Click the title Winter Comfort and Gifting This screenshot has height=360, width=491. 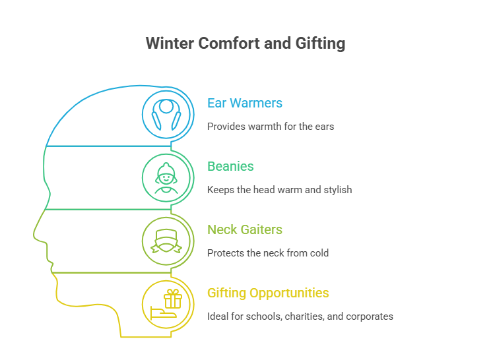pyautogui.click(x=245, y=44)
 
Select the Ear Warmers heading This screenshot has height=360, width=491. pyautogui.click(x=245, y=104)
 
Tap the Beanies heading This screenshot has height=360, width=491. pyautogui.click(x=230, y=167)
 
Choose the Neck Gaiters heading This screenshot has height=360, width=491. pyautogui.click(x=245, y=230)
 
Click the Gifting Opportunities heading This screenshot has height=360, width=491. pyautogui.click(x=268, y=293)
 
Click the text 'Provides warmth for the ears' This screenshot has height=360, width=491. pyautogui.click(x=271, y=126)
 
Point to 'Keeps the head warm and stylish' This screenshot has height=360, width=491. pyautogui.click(x=279, y=190)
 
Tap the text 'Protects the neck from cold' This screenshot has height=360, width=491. pyautogui.click(x=268, y=253)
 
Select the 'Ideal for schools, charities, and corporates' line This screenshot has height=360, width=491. pyautogui.click(x=300, y=316)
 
